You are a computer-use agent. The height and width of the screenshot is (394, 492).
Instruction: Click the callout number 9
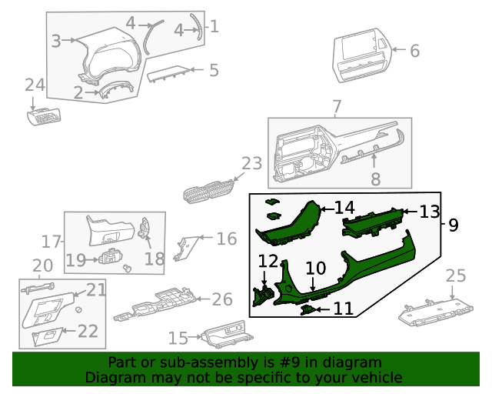[x=453, y=225]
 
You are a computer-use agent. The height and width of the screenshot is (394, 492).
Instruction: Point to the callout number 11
[x=343, y=309]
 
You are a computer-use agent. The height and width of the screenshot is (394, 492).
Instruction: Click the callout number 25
[x=456, y=275]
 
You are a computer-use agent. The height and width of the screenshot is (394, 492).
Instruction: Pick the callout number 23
[x=251, y=164]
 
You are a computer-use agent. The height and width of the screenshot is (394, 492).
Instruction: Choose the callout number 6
[x=414, y=52]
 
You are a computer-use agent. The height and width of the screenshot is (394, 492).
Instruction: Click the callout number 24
[x=35, y=85]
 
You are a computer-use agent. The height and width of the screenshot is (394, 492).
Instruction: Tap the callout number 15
[x=178, y=338]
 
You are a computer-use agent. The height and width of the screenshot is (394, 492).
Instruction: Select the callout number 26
[x=221, y=299]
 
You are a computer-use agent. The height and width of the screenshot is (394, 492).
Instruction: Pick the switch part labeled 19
[x=110, y=255]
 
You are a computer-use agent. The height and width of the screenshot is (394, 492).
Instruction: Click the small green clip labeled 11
[x=307, y=309]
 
